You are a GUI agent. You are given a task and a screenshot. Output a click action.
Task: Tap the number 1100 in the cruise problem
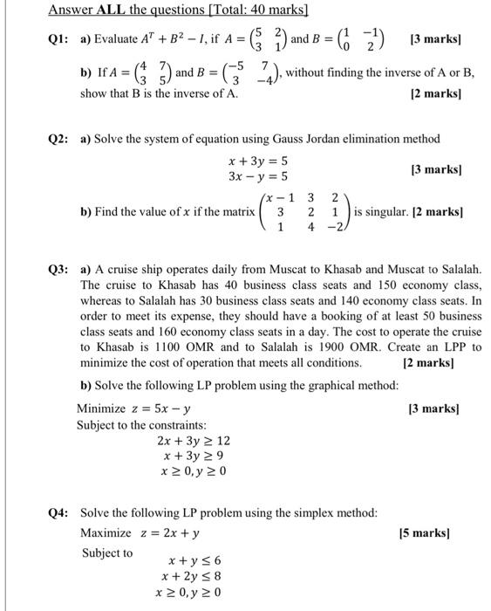coord(174,347)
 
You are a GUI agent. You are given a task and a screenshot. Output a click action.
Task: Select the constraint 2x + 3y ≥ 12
coord(193,441)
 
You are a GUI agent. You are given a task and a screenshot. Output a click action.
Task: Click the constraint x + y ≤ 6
coord(194,560)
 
